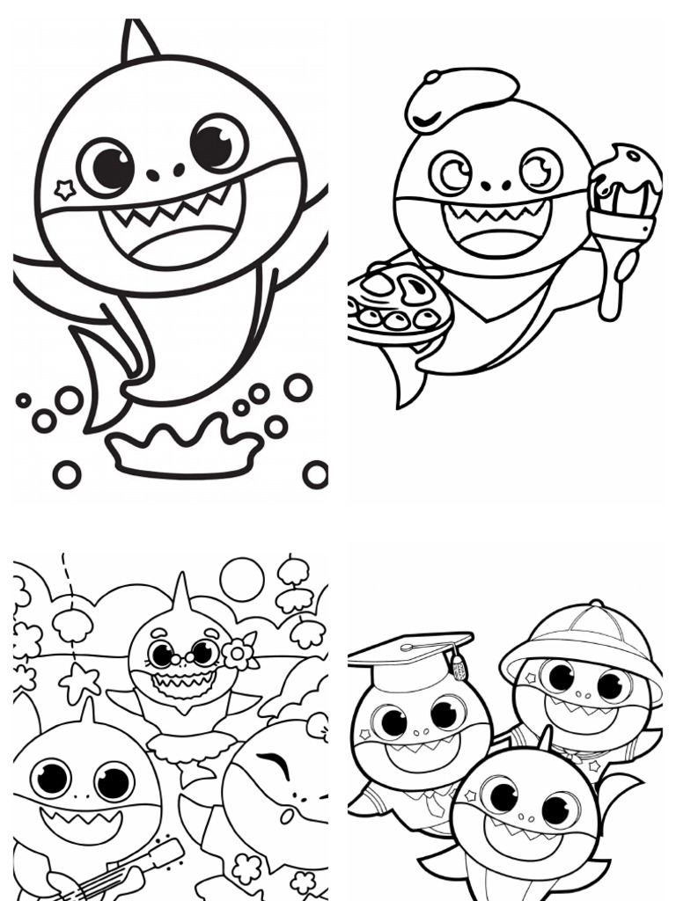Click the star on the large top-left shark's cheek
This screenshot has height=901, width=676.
pyautogui.click(x=64, y=188)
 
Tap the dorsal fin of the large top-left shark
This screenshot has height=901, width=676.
pyautogui.click(x=138, y=41)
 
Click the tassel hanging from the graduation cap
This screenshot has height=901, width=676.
pyautogui.click(x=458, y=666)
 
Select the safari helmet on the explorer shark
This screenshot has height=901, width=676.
pyautogui.click(x=581, y=638)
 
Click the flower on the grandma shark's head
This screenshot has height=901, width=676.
pyautogui.click(x=238, y=652)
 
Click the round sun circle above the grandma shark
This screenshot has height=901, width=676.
pyautogui.click(x=242, y=578)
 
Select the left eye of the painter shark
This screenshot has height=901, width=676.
pyautogui.click(x=451, y=172)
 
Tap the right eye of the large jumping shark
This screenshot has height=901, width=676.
pyautogui.click(x=218, y=143)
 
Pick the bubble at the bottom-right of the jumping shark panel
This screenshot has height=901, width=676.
pyautogui.click(x=314, y=473)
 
